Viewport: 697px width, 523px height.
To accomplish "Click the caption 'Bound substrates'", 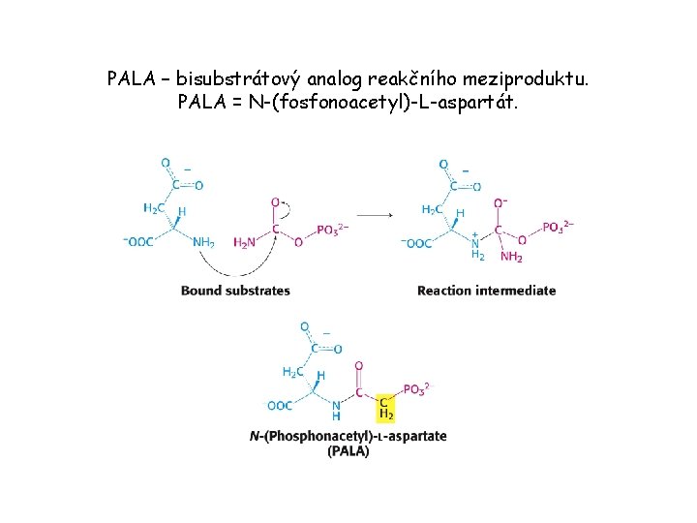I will click(x=235, y=290).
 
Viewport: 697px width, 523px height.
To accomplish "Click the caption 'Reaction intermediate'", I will click(x=486, y=290).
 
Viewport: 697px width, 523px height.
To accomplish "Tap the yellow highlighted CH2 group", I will click(x=385, y=407).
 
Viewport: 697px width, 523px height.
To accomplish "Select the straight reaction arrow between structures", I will click(x=376, y=214).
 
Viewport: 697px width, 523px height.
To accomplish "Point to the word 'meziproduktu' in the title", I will click(x=535, y=77).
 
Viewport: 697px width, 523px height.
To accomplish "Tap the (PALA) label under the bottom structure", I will click(x=348, y=451).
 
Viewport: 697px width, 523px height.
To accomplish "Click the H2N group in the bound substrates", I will click(x=244, y=242).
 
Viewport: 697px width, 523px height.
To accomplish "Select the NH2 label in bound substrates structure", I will click(x=203, y=242).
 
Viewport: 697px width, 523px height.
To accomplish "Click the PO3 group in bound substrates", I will click(x=332, y=230).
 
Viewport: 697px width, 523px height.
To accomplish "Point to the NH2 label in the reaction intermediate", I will click(x=512, y=256).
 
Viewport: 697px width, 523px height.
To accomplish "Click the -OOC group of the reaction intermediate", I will click(x=416, y=243).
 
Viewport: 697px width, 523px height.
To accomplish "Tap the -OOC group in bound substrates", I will click(x=137, y=242).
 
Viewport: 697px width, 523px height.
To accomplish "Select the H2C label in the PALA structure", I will click(x=291, y=372).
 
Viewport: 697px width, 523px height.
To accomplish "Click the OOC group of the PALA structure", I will click(x=281, y=406).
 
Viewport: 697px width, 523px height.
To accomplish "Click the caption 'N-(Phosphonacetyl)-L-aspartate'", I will click(x=348, y=436).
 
